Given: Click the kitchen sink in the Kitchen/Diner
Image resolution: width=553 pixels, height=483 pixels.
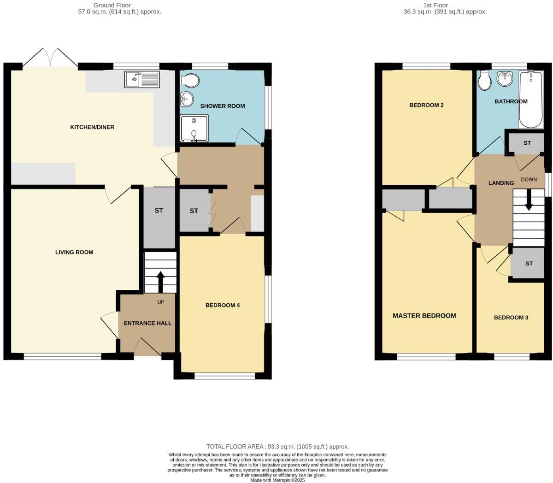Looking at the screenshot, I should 141,79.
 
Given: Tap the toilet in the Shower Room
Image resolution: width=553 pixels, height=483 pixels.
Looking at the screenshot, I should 189,82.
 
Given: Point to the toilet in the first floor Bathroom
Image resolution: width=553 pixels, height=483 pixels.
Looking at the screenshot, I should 484,82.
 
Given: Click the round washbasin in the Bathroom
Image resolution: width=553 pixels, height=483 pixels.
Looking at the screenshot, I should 506,78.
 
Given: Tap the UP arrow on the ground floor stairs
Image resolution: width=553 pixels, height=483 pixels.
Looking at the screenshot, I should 160,282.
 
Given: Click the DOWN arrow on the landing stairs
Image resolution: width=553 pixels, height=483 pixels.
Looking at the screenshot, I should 529,201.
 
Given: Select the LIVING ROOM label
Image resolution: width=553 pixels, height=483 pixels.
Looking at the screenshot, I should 74,252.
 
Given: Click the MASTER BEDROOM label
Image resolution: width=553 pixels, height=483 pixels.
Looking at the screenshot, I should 424,316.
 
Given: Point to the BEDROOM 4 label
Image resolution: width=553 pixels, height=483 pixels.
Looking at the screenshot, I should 223,305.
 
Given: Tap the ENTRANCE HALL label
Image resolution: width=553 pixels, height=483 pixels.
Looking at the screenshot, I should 147,323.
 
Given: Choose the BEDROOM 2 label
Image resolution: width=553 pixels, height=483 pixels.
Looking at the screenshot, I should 426,105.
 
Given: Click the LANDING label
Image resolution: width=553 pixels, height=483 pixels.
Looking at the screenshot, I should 501,183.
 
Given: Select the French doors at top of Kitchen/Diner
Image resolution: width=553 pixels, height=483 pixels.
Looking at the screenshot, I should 51,59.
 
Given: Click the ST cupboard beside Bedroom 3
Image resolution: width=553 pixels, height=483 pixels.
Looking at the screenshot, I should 529,264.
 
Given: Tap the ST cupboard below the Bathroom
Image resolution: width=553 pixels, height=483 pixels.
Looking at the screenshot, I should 527,143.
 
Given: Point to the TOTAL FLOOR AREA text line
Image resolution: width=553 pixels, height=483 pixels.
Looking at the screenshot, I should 277,447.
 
